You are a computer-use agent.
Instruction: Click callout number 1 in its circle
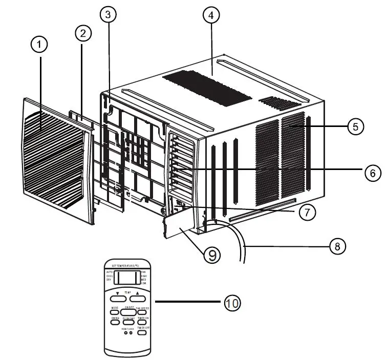pos(39,46)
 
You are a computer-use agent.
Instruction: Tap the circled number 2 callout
pos(83,33)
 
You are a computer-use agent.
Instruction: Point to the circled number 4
pos(211,15)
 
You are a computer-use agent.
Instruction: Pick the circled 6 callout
pos(373,173)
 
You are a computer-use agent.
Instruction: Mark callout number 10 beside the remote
pos(232,303)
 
